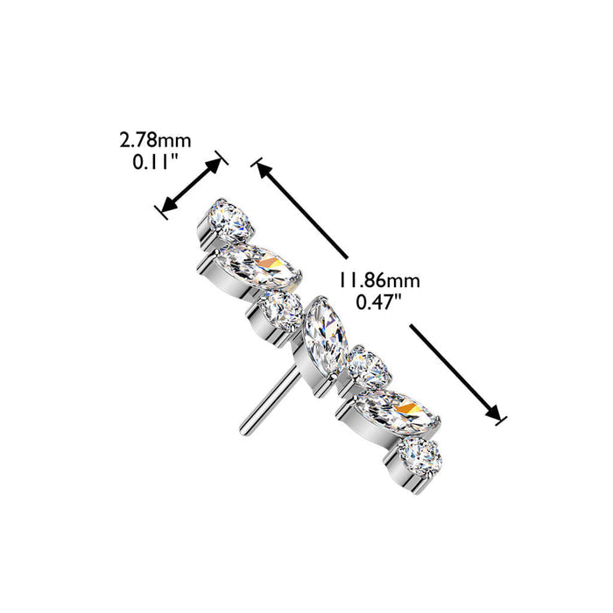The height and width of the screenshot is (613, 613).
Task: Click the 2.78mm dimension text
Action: pos(155,140)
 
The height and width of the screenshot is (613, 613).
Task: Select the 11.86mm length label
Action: pos(378,280)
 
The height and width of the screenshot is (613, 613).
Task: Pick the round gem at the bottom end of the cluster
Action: pos(419,457)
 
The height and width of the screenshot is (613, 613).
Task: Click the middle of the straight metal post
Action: pos(271,399)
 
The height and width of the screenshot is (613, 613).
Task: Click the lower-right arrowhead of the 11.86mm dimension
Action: pos(492,412)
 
